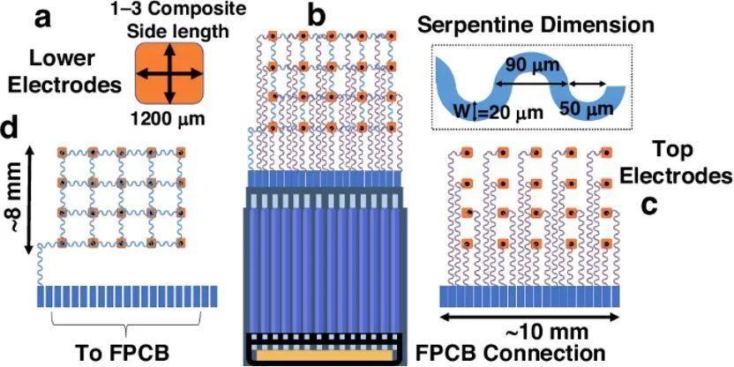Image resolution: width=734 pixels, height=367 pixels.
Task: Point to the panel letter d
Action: point(13,128)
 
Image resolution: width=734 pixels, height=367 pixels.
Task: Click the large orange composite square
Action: point(169,73)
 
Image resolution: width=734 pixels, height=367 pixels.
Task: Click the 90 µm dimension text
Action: point(533,64)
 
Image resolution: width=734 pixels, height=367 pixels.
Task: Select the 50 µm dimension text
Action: point(587,109)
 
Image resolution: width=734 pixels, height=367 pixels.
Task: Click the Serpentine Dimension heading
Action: point(536,26)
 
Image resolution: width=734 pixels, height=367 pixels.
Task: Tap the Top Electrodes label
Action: point(687,162)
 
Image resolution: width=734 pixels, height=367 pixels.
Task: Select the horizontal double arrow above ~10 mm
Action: point(530,318)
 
